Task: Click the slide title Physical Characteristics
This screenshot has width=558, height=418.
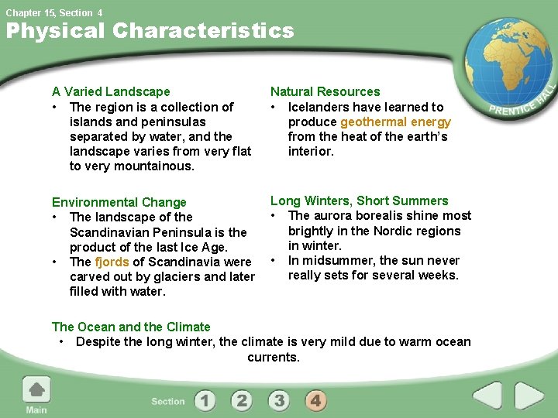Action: click(x=150, y=32)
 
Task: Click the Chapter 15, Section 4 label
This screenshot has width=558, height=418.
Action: click(x=54, y=12)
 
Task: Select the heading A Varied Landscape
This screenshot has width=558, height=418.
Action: click(x=110, y=92)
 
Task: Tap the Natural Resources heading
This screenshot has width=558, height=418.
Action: click(x=325, y=92)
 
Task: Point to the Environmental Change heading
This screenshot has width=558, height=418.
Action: click(x=119, y=202)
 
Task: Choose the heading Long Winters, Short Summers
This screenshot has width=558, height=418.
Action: click(x=359, y=201)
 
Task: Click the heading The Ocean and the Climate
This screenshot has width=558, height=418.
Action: click(x=131, y=327)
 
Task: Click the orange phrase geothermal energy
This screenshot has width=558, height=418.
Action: click(x=395, y=122)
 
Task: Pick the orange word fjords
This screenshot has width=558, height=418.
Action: click(x=112, y=262)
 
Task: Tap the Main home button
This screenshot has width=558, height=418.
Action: click(x=36, y=395)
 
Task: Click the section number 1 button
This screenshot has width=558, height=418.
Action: click(x=205, y=400)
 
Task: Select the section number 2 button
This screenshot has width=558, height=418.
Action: click(x=242, y=400)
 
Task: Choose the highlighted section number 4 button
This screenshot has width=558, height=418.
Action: click(x=315, y=400)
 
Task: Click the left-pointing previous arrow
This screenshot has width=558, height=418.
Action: click(x=487, y=397)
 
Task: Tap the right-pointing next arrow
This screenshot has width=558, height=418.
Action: click(x=529, y=397)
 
